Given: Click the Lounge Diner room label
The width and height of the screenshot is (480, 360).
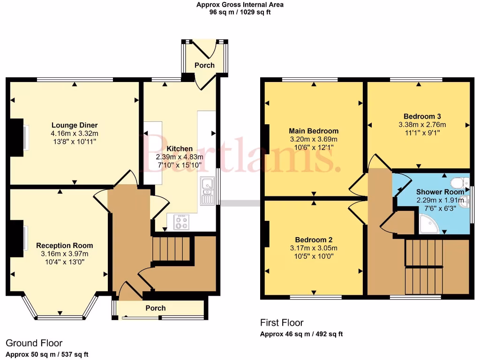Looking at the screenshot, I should tap(75, 125).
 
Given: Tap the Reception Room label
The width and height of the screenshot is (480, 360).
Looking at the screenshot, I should tap(65, 245).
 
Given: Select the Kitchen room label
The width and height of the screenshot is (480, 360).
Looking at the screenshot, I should tap(179, 149).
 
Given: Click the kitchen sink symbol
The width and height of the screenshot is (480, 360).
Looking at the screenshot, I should tap(206, 191).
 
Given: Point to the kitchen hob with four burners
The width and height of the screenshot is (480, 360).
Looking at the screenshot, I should tap(181, 222).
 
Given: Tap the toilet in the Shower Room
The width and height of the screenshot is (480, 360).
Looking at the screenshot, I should tap(457, 182).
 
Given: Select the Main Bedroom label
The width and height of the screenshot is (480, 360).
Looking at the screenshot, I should tap(314, 131).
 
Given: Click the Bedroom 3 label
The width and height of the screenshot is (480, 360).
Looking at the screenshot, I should tap(422, 116).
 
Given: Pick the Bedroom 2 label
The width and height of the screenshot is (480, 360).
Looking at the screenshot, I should tap(314, 240).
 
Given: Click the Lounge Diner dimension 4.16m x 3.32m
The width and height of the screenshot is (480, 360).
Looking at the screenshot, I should tap(75, 134).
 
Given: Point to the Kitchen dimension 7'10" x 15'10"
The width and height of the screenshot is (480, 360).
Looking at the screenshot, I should tap(179, 165).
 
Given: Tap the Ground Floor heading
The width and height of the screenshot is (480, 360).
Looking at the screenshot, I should tap(34, 343).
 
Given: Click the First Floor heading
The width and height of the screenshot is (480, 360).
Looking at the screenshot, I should tap(282, 322).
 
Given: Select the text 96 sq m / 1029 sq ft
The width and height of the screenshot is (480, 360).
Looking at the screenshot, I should tap(240, 12).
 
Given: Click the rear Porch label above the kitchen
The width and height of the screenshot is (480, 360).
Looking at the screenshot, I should tap(204, 65).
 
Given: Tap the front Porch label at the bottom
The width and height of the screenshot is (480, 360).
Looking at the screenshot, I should tap(156, 308).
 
